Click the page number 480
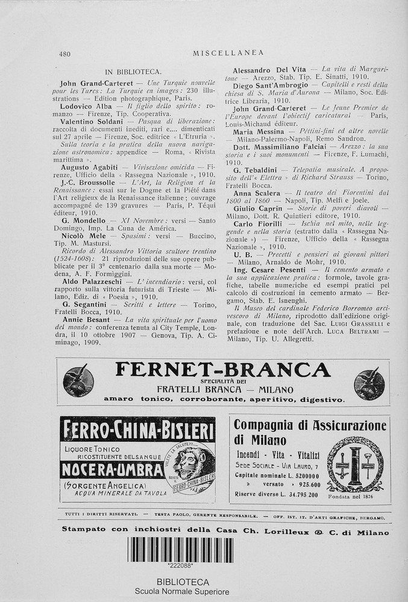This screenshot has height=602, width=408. coord(64,54)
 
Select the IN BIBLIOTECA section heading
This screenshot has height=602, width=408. coord(133,72)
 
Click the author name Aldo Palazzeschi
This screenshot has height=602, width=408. coord(89,282)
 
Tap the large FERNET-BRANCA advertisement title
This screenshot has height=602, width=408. coord(222,369)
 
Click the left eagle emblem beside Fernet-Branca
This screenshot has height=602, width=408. coord(78,382)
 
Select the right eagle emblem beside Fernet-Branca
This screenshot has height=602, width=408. coord(369,383)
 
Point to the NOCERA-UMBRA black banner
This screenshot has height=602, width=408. coord(112,470)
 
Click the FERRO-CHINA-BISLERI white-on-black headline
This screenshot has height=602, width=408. coord(137,431)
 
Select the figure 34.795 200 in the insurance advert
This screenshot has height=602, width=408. coord(293,494)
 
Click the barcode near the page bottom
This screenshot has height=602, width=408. coord(180,550)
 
